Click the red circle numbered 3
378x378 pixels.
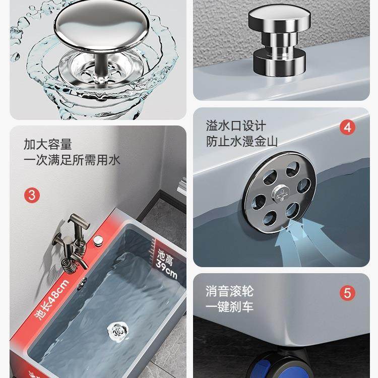[32, 195]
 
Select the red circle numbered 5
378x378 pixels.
[346, 293]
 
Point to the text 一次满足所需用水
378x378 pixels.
[72, 161]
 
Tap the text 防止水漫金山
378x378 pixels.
[241, 142]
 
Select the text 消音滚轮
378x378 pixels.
[229, 291]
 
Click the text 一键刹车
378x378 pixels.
[229, 307]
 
